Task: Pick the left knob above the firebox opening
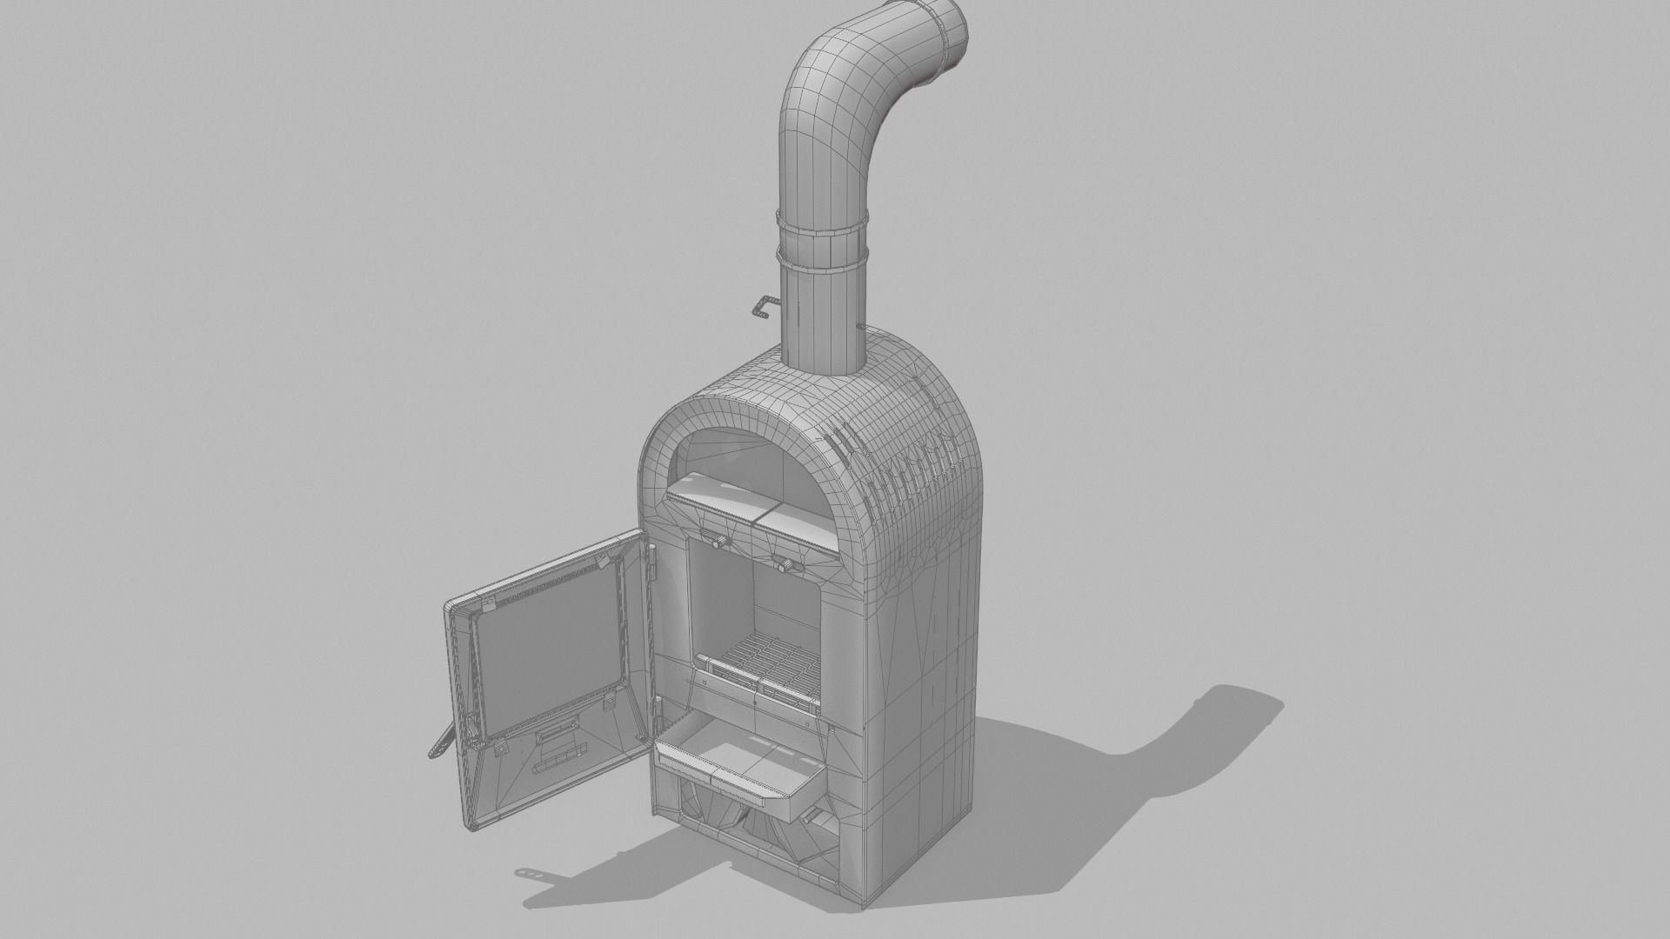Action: click(718, 541)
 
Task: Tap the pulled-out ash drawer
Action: click(739, 765)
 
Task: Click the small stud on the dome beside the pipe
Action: click(859, 328)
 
